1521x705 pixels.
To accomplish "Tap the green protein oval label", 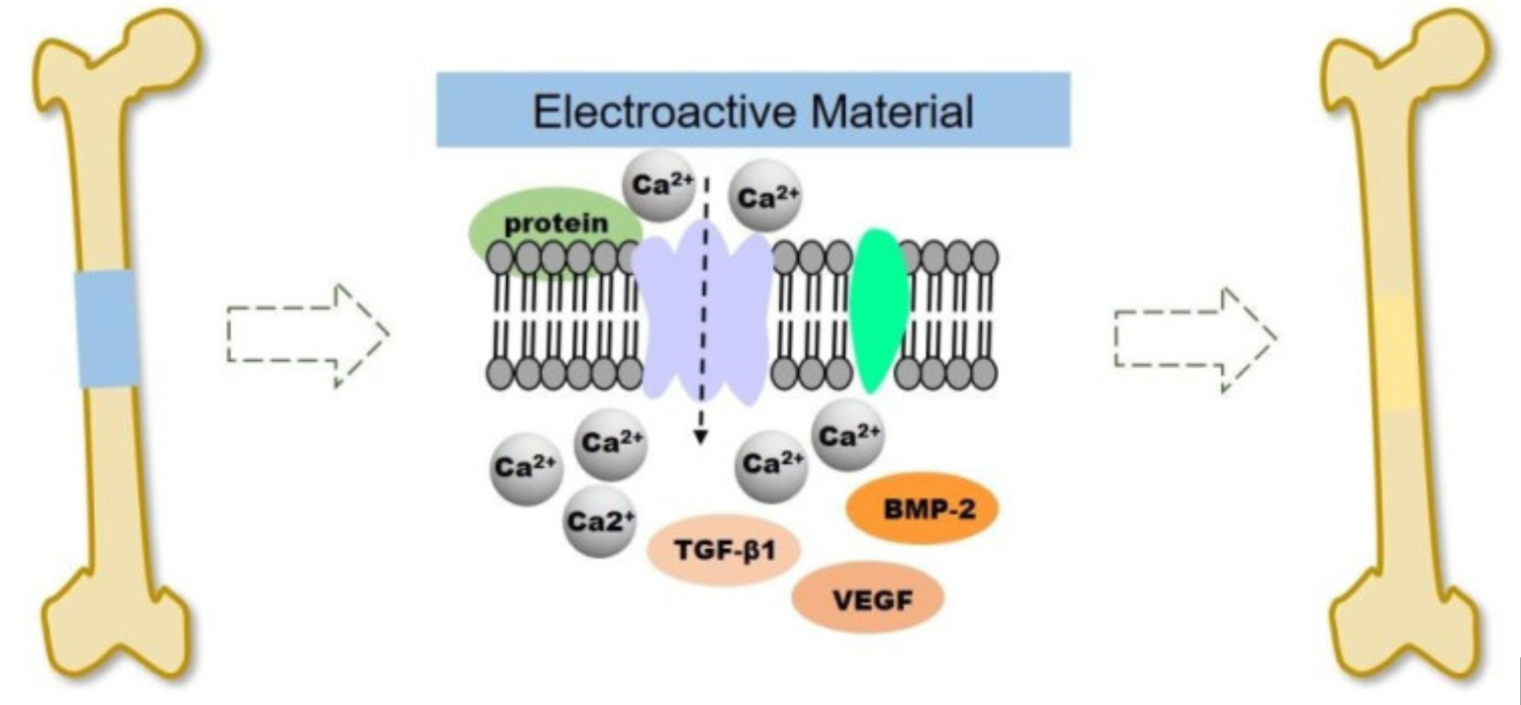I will click(x=555, y=223).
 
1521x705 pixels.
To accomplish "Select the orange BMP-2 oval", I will click(x=922, y=509).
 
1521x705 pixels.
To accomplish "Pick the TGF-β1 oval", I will click(x=723, y=550).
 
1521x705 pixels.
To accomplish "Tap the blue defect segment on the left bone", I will click(x=105, y=328).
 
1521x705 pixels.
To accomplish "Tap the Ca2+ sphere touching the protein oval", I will click(x=658, y=185).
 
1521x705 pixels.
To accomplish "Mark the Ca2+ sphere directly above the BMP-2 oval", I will click(x=848, y=435).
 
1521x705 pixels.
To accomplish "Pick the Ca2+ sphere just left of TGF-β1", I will click(x=599, y=520).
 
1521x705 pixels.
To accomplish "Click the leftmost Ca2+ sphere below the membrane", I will click(x=526, y=468).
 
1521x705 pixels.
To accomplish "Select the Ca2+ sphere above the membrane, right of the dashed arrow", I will click(x=765, y=197).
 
